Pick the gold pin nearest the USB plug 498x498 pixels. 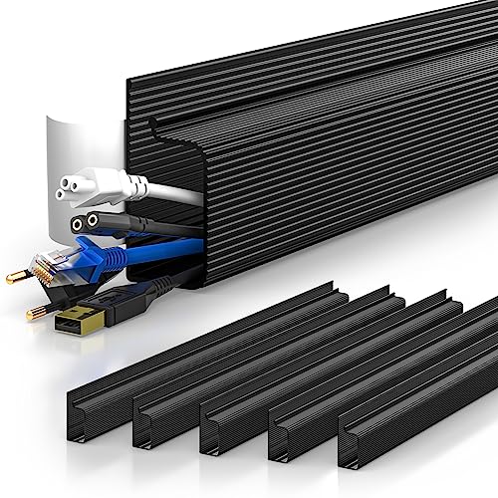tap(34, 312)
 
